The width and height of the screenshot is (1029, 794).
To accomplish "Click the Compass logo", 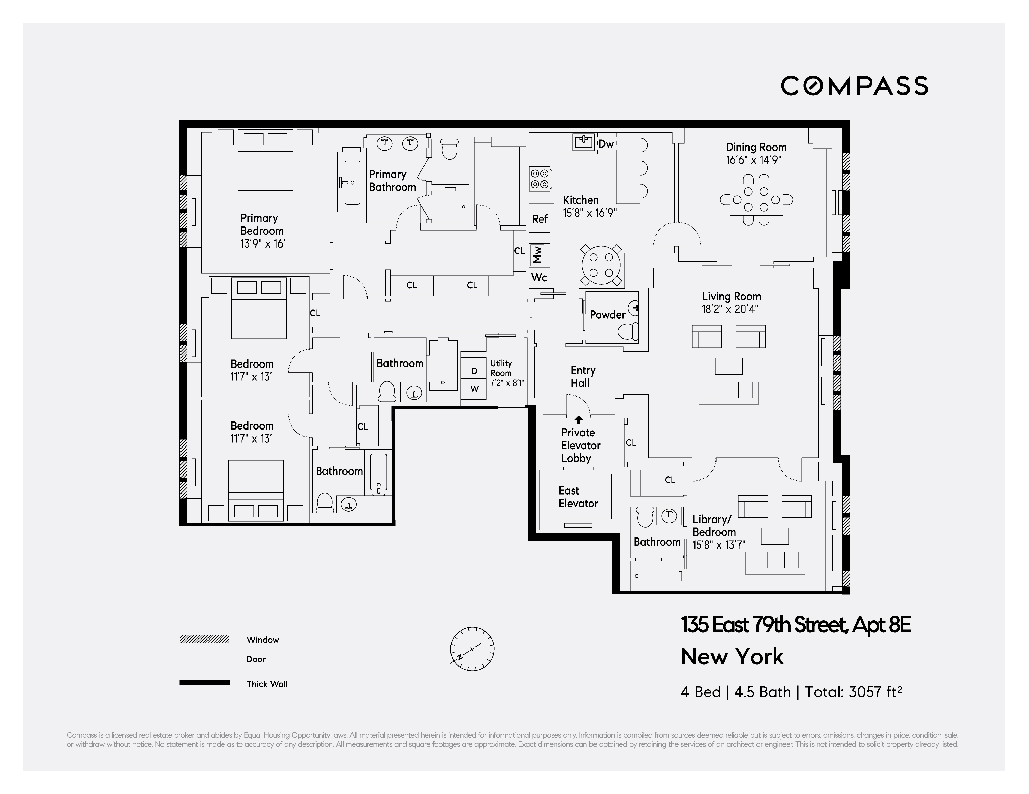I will click(x=854, y=86).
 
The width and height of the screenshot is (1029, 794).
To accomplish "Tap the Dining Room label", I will click(x=756, y=147).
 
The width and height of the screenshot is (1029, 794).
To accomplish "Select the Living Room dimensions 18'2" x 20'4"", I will click(x=730, y=309).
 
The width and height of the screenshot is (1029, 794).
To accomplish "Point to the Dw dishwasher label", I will click(x=606, y=144).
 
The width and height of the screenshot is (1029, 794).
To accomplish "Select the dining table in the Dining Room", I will click(x=756, y=200).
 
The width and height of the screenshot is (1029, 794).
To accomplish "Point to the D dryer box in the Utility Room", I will click(x=474, y=371).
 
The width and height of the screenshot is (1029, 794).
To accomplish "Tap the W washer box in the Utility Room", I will click(x=474, y=389).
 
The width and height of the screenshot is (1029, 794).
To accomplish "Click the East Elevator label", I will click(x=578, y=497).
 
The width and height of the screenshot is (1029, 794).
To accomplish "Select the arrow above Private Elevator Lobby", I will click(x=579, y=419).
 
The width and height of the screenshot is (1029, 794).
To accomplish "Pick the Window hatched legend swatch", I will click(x=204, y=639).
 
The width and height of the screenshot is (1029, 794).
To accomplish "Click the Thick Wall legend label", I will click(x=267, y=684).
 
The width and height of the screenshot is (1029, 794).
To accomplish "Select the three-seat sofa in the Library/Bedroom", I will click(x=774, y=562).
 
